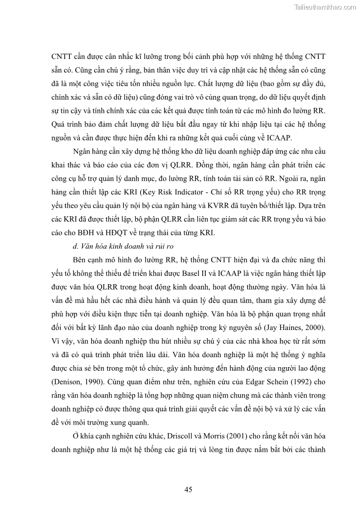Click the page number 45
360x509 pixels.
[x=189, y=489]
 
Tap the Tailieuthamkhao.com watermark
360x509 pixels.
[x=325, y=6]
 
